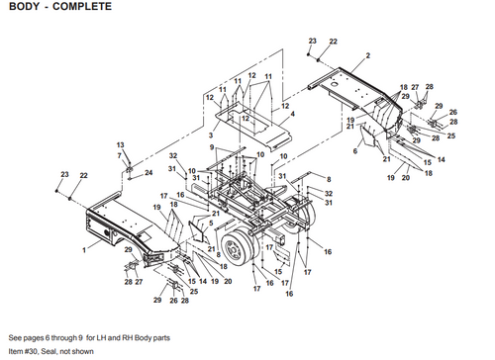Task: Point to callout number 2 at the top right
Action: (x=367, y=55)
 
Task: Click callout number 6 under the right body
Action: (x=354, y=151)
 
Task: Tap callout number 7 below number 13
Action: (x=120, y=155)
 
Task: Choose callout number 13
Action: (x=120, y=144)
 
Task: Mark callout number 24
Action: (x=148, y=172)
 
